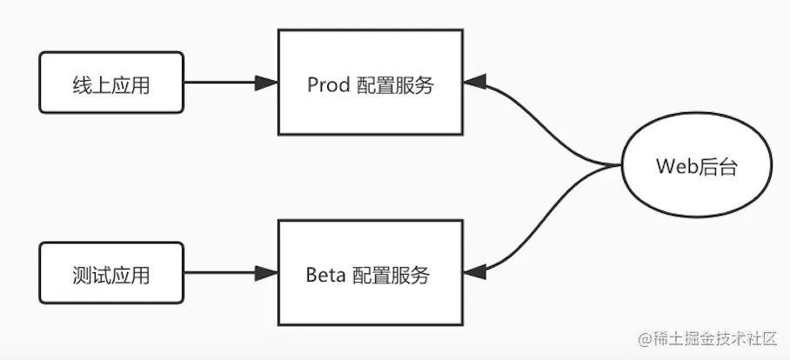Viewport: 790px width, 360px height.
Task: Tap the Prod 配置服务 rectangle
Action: (370, 83)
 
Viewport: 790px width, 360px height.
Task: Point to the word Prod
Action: (328, 85)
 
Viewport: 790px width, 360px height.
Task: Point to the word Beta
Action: (327, 276)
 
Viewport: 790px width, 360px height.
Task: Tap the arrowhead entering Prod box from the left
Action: (266, 83)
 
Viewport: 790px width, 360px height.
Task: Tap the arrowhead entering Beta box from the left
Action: (266, 274)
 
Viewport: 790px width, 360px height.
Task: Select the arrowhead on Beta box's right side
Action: (474, 272)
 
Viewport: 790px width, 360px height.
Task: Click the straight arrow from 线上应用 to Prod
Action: (222, 83)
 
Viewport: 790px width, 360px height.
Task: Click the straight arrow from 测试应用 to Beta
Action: (222, 274)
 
